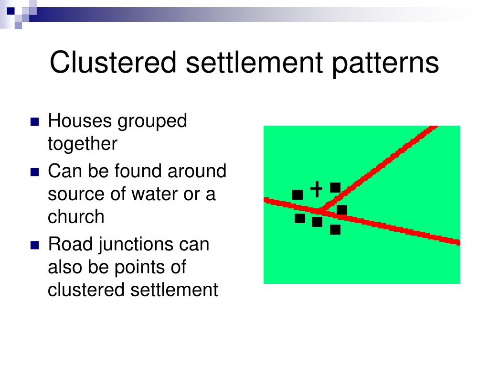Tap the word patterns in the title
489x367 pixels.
383,63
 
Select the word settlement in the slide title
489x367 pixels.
254,63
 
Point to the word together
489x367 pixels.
82,144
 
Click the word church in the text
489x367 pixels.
75,216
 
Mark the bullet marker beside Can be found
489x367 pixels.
34,172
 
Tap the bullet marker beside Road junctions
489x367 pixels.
34,246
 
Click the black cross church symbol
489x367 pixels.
316,189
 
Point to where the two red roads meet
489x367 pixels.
319,210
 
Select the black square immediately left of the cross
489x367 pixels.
298,194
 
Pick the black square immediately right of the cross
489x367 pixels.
335,187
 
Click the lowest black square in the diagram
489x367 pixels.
335,230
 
